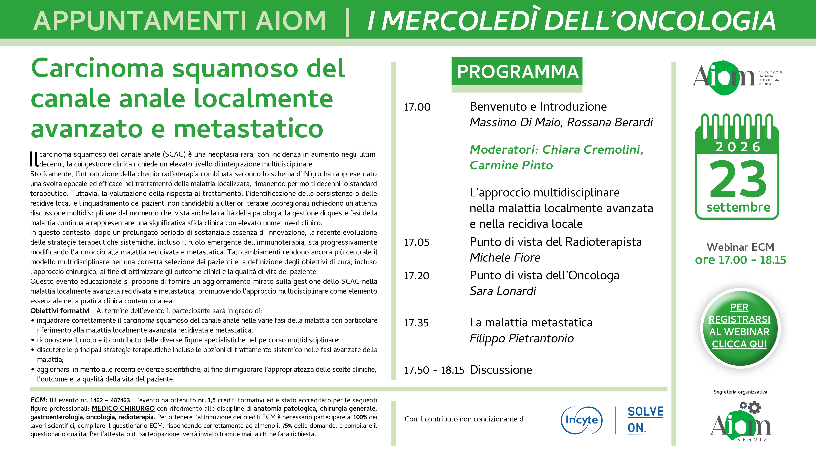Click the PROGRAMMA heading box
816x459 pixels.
point(517,71)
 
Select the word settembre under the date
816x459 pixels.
point(738,207)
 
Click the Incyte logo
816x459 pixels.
point(582,420)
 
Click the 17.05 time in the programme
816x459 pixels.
point(417,242)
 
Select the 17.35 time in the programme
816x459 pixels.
point(416,323)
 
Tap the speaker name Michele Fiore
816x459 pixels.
point(505,257)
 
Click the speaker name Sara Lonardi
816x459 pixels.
point(503,291)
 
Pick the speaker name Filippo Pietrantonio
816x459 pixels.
point(522,338)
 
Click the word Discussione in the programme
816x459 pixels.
point(501,370)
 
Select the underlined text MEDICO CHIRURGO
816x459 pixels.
point(123,408)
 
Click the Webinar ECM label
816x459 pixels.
point(740,247)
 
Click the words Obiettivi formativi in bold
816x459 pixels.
point(60,311)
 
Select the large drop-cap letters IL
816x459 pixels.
point(34,159)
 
